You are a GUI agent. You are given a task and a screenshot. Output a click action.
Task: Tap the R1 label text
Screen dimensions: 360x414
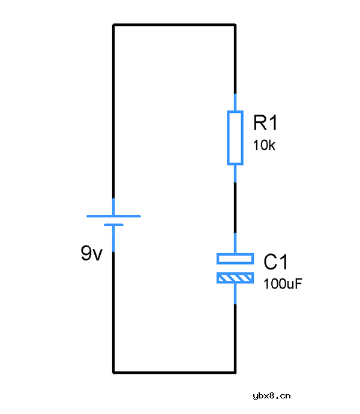265,123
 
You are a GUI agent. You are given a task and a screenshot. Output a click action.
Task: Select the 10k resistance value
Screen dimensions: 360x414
264,145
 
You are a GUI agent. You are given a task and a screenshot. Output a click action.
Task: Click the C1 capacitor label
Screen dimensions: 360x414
275,262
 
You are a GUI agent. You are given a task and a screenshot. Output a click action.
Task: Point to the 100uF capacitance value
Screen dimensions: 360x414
283,284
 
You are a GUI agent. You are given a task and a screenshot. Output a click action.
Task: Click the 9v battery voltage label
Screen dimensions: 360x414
91,253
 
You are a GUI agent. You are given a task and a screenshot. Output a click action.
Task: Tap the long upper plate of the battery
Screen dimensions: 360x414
113,216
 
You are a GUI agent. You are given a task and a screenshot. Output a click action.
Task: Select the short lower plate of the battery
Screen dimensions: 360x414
113,225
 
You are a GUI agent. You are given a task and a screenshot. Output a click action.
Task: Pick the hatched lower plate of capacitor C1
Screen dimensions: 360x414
235,278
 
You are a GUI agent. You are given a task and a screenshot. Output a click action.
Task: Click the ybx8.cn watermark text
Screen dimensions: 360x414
272,396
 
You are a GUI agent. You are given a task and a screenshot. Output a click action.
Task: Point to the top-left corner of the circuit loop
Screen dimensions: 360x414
113,25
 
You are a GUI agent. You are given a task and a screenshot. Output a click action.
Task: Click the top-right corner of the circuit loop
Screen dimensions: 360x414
235,25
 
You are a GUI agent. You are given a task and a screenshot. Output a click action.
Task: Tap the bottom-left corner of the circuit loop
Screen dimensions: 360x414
113,373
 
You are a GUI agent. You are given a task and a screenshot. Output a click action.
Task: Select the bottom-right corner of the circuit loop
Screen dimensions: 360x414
235,373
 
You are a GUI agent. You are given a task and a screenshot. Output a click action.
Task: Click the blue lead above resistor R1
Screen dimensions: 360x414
235,103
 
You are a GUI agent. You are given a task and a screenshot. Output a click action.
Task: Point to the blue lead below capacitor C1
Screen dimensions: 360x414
235,294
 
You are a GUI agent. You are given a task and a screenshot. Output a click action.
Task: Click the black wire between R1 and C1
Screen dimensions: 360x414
235,208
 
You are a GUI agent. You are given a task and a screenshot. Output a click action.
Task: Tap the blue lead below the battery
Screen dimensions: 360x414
113,239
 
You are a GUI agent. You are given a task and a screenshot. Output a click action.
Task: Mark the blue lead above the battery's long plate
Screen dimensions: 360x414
113,207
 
